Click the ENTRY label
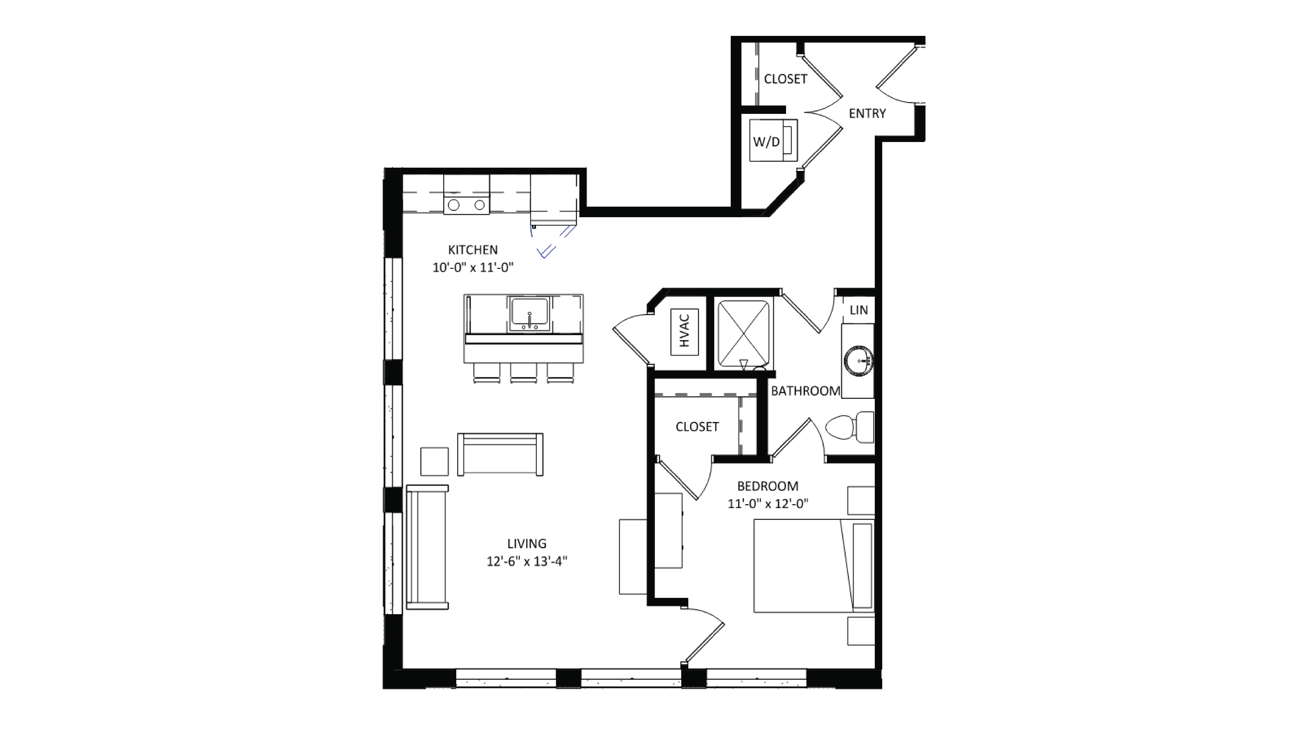867,114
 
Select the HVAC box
684,332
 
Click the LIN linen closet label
859,310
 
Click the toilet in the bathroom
850,427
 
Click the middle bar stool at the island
523,373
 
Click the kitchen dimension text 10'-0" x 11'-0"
473,267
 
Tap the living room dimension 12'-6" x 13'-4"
526,561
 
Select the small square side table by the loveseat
434,461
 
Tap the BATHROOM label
805,391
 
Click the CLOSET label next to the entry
785,79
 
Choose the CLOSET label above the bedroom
697,427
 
